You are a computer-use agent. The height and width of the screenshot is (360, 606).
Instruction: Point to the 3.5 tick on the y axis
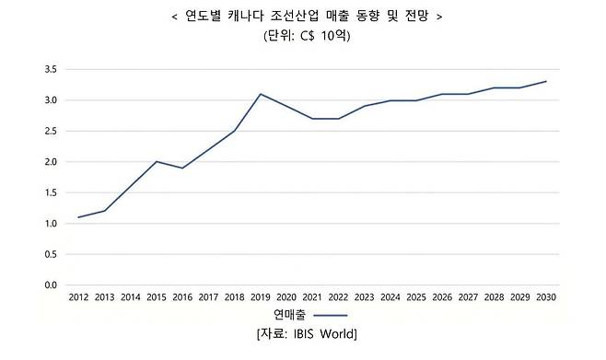[51, 69]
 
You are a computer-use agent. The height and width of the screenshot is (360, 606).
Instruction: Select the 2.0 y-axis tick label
[51, 162]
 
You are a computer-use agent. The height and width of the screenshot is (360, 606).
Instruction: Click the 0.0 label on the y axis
[51, 285]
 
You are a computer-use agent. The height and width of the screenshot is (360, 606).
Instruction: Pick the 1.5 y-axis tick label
[51, 192]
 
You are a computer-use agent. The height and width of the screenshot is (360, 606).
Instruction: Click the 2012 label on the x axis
[78, 297]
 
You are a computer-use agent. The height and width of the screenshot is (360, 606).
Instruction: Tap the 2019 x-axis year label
[260, 297]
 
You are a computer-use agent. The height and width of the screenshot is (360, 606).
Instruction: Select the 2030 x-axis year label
[545, 297]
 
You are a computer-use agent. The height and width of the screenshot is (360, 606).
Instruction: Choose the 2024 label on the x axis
[390, 297]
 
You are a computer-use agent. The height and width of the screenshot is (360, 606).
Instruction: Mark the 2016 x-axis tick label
[182, 297]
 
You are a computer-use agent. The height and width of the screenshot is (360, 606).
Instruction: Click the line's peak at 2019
[260, 94]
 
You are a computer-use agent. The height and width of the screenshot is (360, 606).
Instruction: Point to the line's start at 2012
[78, 217]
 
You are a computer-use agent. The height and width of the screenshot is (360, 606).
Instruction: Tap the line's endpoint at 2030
[545, 82]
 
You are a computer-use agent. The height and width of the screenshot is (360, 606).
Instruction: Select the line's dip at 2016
[182, 168]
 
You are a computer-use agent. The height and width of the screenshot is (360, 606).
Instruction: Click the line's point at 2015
[157, 162]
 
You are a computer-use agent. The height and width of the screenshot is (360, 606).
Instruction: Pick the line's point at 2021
[312, 119]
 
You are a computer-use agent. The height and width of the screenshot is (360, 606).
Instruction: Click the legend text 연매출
[278, 314]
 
